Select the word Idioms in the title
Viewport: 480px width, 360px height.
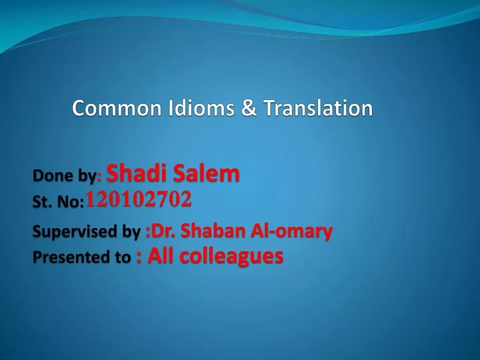(x=201, y=108)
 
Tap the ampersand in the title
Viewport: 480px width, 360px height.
(x=249, y=108)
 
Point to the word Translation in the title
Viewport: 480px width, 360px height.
(x=318, y=108)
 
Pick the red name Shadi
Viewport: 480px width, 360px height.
(x=136, y=173)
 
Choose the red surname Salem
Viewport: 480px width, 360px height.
(x=206, y=173)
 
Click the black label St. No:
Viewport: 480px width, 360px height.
(x=58, y=202)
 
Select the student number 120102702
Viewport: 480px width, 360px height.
(x=139, y=199)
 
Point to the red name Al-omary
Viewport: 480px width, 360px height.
(x=291, y=231)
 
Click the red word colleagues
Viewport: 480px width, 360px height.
(x=231, y=257)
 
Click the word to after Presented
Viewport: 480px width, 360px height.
(x=123, y=257)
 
